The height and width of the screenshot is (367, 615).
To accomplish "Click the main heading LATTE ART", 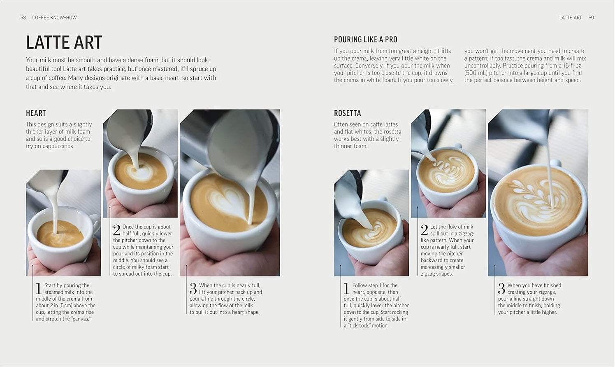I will click(64, 42).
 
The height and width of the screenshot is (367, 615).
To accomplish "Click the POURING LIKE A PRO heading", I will click(365, 40).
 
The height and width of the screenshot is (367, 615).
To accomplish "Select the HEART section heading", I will click(36, 113).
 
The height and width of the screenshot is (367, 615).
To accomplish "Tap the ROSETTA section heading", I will click(347, 113).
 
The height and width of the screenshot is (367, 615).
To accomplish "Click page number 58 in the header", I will click(23, 18).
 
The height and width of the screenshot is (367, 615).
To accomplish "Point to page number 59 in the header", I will click(591, 18).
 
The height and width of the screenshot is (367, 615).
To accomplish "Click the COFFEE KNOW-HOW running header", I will click(54, 18).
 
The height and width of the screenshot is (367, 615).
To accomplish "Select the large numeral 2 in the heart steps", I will click(116, 230).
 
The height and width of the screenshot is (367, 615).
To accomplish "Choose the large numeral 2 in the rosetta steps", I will click(424, 230).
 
